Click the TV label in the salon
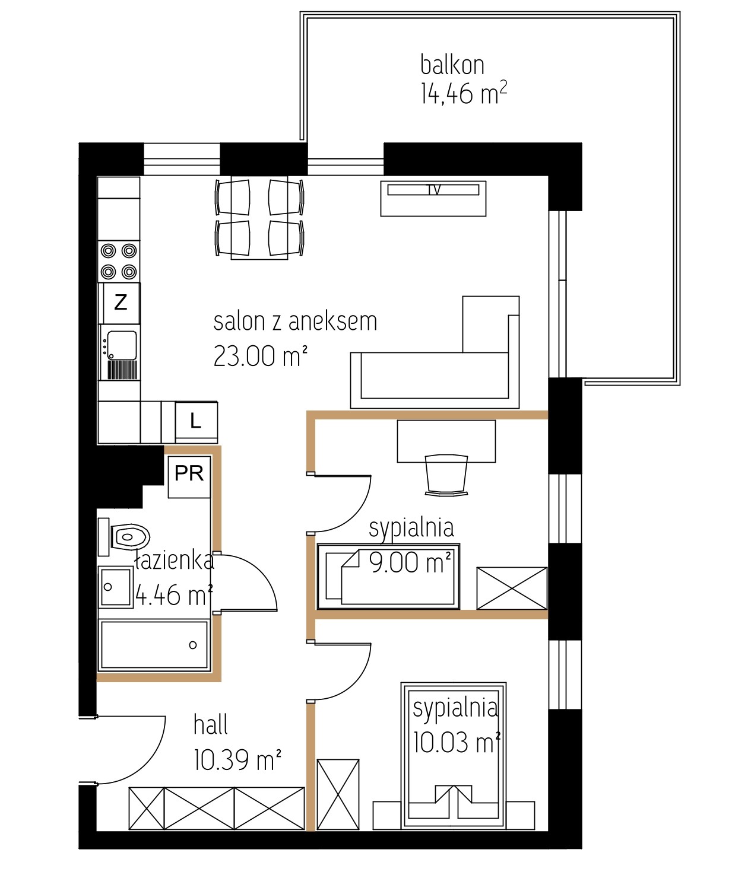tap(433, 190)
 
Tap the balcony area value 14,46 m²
tap(464, 93)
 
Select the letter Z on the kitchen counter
tap(121, 303)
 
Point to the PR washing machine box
tap(189, 476)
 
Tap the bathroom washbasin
tap(116, 587)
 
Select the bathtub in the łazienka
tap(154, 645)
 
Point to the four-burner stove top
tap(119, 262)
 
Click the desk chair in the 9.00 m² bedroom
tap(446, 475)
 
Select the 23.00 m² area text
tap(260, 356)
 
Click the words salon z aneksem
tap(295, 322)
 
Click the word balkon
tap(452, 65)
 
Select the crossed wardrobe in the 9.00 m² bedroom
tap(512, 588)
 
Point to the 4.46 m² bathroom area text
tap(173, 595)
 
